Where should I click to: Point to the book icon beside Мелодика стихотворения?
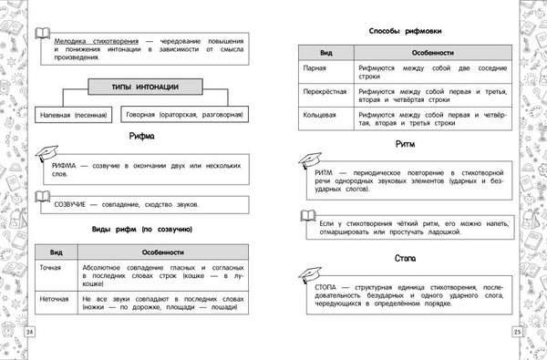(x=42, y=35)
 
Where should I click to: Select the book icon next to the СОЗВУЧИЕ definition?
(x=42, y=197)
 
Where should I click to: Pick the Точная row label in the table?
(x=51, y=268)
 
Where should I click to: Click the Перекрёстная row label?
(x=325, y=93)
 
